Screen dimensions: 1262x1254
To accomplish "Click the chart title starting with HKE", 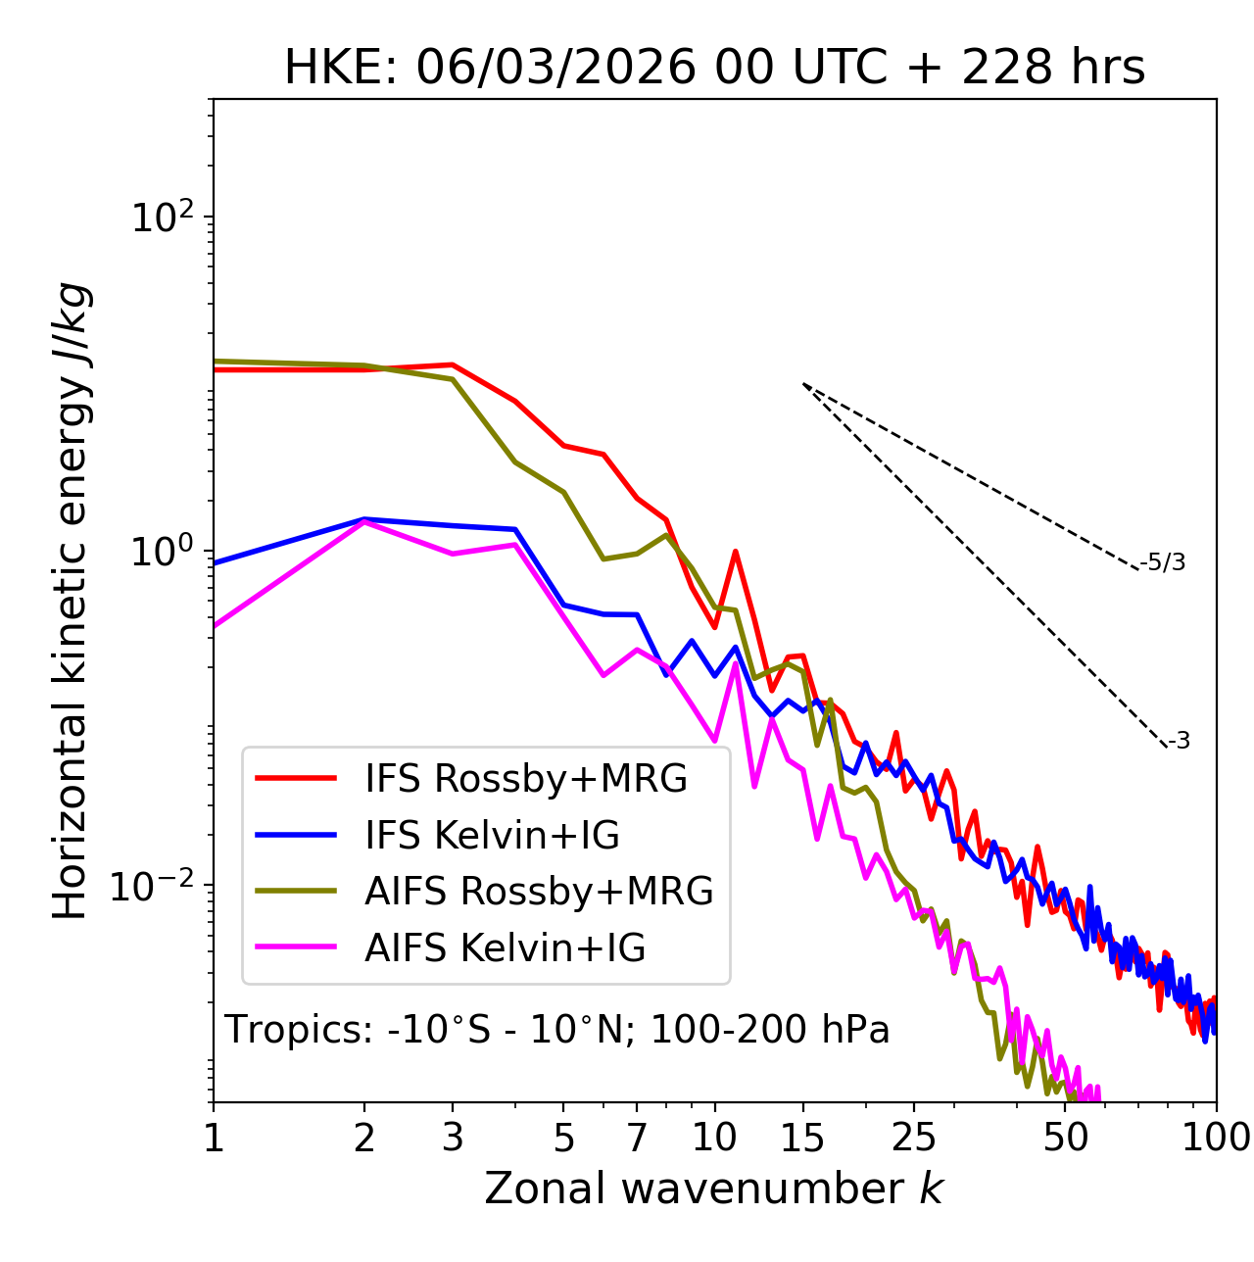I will click(714, 69).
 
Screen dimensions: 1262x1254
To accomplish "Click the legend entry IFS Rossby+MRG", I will click(525, 779).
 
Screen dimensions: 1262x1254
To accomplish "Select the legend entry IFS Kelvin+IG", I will click(492, 836).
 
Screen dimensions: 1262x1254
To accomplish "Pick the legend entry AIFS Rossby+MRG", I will click(539, 892).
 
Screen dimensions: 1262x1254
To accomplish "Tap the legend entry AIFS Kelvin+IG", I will click(505, 948).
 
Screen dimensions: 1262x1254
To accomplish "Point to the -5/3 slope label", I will click(1163, 562).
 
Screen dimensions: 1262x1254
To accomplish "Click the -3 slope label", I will click(1179, 742).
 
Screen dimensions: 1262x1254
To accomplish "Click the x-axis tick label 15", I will click(802, 1138).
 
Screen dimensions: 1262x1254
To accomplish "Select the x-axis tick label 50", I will click(1065, 1138).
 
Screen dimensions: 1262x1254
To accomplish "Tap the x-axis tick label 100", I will click(1215, 1138).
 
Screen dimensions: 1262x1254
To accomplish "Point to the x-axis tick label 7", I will click(637, 1138).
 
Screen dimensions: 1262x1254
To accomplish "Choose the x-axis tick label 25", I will click(913, 1138).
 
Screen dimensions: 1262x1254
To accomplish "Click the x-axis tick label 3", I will click(452, 1138).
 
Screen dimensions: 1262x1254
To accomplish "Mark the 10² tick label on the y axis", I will click(159, 217).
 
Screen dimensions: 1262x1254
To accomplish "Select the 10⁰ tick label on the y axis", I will click(161, 551).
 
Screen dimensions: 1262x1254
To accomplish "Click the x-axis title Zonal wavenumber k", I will click(713, 1189).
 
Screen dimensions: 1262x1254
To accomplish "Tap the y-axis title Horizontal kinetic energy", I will click(71, 602).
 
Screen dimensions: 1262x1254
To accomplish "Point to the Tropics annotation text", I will click(556, 1030).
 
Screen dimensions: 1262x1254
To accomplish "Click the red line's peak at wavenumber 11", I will click(735, 552).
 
